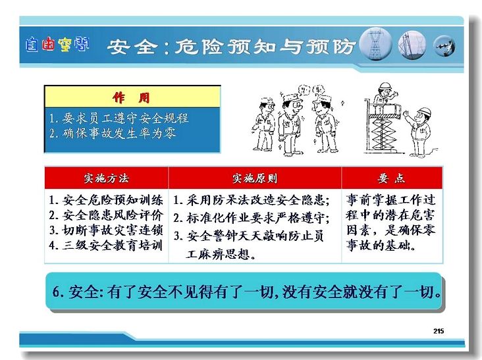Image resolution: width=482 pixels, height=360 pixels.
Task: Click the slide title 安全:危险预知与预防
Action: (231, 47)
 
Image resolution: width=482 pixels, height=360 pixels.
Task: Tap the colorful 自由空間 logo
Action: (57, 45)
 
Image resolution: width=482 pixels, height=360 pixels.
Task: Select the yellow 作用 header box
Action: (132, 97)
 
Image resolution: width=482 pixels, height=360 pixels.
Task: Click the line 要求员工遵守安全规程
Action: (119, 118)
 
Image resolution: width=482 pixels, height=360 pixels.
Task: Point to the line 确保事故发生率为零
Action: (113, 134)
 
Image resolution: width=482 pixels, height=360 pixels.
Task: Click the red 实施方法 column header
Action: (107, 178)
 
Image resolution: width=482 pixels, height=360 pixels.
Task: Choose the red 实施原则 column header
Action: (255, 178)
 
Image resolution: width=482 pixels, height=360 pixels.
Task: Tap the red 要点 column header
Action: (392, 178)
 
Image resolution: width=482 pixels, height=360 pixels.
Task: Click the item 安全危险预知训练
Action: (106, 200)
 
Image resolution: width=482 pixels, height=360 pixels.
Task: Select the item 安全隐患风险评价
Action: (106, 215)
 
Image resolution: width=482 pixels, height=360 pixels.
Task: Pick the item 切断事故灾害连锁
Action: (106, 230)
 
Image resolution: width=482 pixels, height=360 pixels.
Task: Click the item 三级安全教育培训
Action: (106, 245)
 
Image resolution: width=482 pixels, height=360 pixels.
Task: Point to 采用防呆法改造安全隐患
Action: (252, 200)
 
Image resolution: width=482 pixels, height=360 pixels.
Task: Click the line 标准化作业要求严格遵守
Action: (252, 218)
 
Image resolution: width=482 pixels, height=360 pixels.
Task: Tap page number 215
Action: (439, 331)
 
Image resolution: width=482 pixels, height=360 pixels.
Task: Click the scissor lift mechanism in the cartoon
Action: (383, 134)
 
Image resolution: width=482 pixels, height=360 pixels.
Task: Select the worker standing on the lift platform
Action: (384, 97)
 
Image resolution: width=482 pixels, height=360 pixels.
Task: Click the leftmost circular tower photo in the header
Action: (375, 44)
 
